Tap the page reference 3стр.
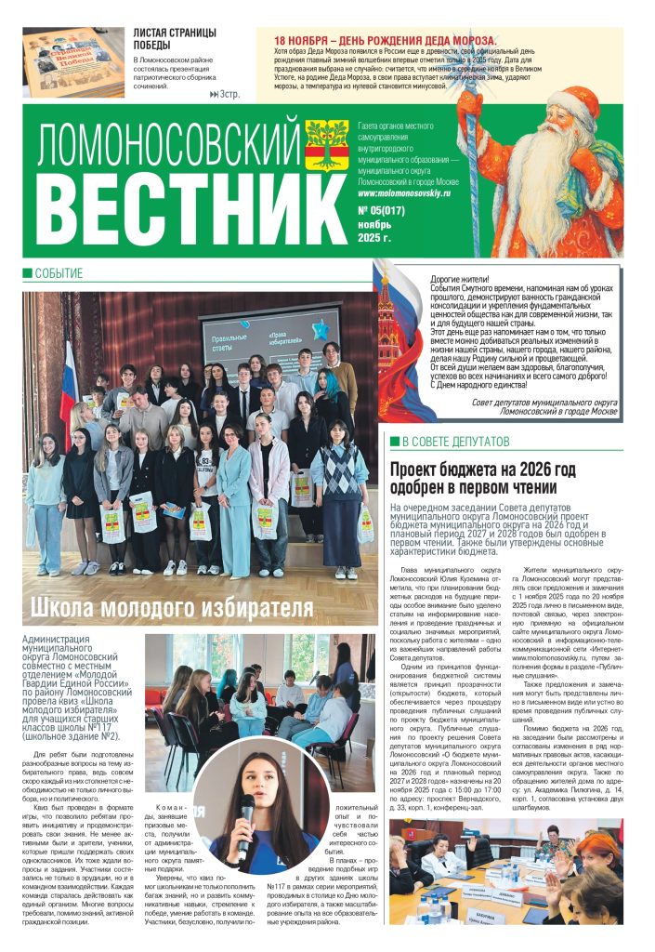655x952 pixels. tap(226, 94)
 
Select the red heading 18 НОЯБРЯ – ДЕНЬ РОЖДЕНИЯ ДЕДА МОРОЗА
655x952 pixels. tap(385, 41)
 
